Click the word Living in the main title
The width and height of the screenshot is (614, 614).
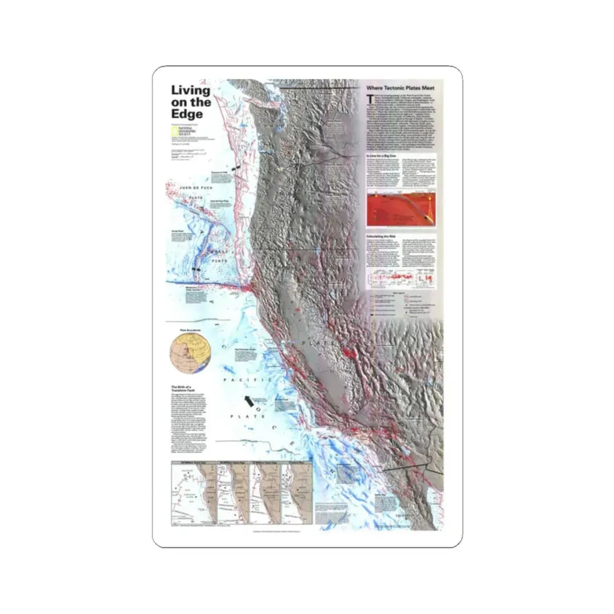pos(190,90)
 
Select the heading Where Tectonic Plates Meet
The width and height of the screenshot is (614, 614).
pos(404,88)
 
